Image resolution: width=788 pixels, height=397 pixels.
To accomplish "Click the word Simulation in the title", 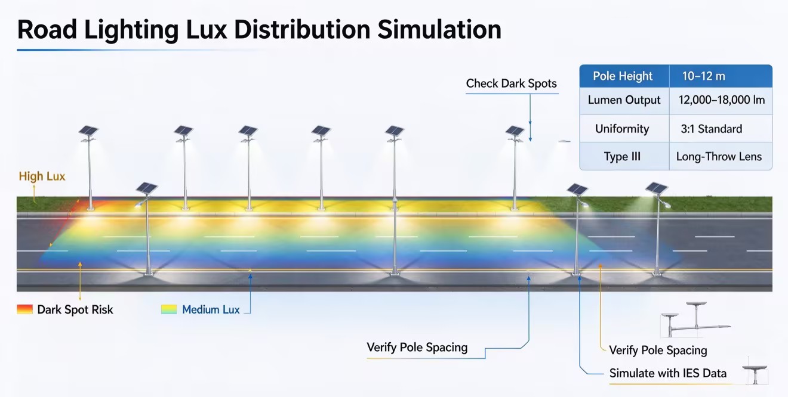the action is point(439,30).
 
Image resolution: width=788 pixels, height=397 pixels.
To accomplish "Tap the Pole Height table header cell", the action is point(624,76).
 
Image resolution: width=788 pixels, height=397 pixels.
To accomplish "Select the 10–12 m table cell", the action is point(721,76).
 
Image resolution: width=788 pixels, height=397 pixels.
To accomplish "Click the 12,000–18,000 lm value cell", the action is point(721,101).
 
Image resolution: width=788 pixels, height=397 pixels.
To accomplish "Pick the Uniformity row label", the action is point(622,129).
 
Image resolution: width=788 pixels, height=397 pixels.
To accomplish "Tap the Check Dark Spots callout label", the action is point(512,83).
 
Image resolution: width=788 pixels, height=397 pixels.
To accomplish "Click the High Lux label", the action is point(42,176).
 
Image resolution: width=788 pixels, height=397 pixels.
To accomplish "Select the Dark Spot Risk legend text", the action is point(75,309).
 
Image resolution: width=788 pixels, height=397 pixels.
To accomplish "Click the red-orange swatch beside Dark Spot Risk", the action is point(24,309).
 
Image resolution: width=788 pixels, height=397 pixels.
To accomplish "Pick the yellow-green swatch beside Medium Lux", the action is point(169,309).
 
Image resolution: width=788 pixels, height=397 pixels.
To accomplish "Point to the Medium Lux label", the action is point(211,309).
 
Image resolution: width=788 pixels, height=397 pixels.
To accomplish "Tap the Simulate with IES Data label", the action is point(668,373).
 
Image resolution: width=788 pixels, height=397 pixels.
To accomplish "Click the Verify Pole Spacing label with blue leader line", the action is point(417,348).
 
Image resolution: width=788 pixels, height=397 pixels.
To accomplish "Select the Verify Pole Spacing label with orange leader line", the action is point(658,351).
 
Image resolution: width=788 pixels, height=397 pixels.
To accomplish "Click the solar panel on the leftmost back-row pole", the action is point(88,131).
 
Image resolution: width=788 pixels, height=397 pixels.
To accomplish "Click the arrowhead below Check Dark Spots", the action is point(530,139).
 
